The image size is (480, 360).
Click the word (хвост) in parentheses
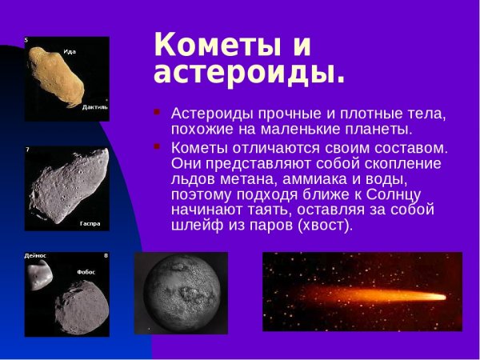click(x=325, y=226)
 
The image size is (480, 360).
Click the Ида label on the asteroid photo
click(x=70, y=52)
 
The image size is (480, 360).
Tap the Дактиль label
click(x=94, y=106)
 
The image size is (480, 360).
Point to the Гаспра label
click(x=90, y=223)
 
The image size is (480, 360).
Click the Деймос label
click(x=35, y=256)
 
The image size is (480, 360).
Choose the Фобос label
click(x=86, y=272)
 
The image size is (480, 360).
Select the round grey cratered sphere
click(x=181, y=293)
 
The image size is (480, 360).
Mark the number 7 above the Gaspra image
click(x=28, y=150)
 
